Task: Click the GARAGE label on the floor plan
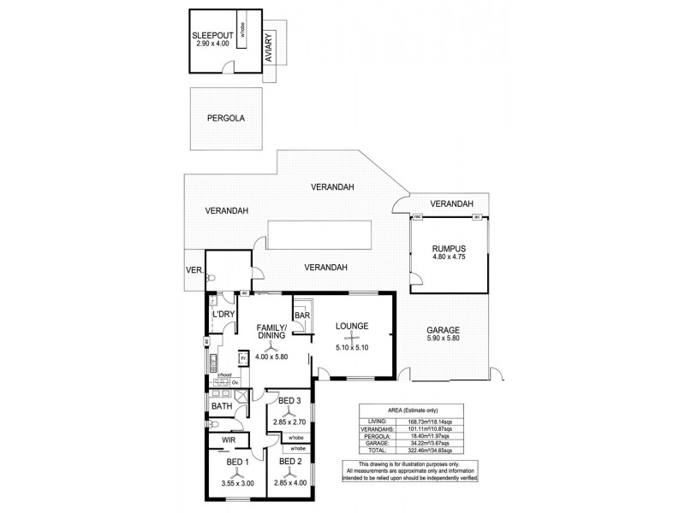pyautogui.click(x=443, y=330)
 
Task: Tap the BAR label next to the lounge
pyautogui.click(x=302, y=315)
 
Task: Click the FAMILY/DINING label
pyautogui.click(x=271, y=331)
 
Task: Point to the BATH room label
pyautogui.click(x=222, y=406)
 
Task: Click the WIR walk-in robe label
pyautogui.click(x=229, y=440)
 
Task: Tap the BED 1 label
pyautogui.click(x=236, y=463)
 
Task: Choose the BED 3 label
pyautogui.click(x=289, y=400)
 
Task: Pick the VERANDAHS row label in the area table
pyautogui.click(x=375, y=429)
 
